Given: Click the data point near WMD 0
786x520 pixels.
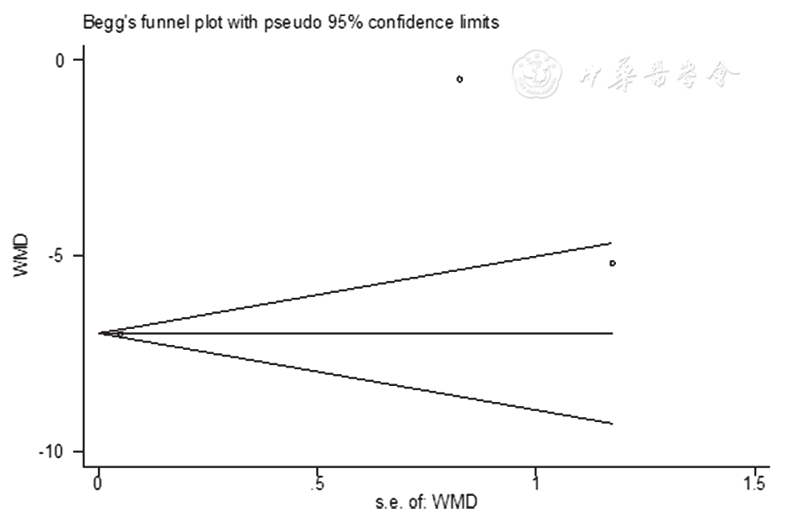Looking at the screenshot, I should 460,79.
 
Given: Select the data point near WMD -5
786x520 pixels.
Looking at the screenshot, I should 613,262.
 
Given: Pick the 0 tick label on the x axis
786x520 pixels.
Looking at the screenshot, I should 98,484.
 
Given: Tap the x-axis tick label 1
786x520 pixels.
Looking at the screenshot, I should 536,484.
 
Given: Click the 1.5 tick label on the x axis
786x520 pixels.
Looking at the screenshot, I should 754,484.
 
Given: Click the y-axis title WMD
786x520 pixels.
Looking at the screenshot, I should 22,255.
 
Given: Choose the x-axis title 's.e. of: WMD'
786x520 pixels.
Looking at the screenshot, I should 426,503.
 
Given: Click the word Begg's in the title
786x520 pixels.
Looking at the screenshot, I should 106,23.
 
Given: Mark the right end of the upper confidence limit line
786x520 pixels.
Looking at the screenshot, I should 612,242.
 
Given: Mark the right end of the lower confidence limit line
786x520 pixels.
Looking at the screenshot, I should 612,423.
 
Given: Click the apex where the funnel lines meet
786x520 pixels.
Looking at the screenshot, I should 99,332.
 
